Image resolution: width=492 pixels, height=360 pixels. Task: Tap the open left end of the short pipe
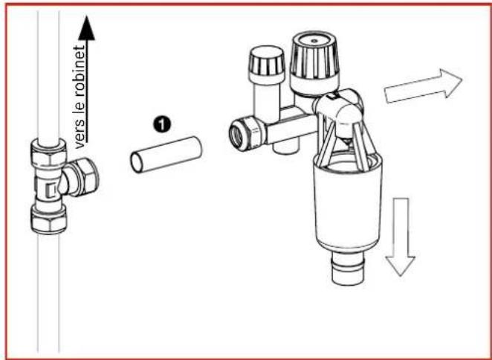[136, 160]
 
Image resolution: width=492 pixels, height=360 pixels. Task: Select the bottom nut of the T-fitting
[50, 219]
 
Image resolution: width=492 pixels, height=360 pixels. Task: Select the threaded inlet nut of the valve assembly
[244, 132]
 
